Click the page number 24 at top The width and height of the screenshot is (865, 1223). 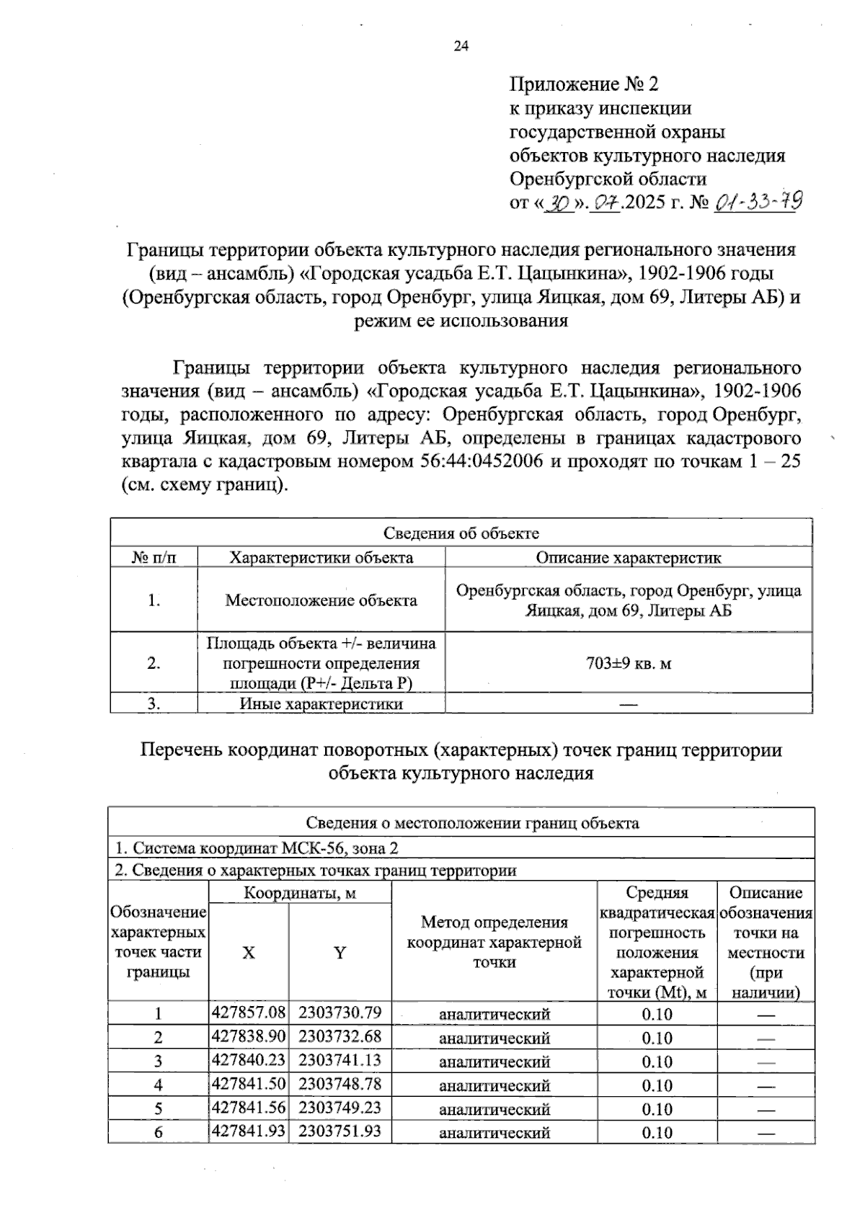pos(461,47)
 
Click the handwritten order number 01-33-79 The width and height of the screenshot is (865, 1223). pos(758,203)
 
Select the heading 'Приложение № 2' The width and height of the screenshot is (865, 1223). pos(584,84)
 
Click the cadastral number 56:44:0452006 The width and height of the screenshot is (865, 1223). pos(481,461)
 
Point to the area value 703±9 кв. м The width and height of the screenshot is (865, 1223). pos(629,663)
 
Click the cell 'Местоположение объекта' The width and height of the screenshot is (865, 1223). pos(321,600)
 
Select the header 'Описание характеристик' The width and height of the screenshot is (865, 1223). pos(629,558)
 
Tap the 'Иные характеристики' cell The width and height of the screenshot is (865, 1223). pos(321,704)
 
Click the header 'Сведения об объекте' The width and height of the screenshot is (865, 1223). pos(461,533)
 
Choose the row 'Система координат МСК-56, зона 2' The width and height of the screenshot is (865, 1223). pos(257,848)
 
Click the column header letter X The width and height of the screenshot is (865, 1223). pos(248,953)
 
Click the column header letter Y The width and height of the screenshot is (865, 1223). pos(340,953)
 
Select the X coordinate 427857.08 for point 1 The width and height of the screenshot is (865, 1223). pos(249,1013)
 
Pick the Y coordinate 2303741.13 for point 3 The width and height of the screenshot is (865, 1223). pos(340,1060)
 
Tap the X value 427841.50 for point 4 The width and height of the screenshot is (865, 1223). pos(249,1084)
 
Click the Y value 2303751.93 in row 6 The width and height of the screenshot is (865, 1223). pos(340,1131)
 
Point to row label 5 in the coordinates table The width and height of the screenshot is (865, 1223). pos(158,1108)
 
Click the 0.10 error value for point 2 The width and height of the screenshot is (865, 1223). pos(657,1038)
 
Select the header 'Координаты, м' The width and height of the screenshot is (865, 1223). pos(300,893)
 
